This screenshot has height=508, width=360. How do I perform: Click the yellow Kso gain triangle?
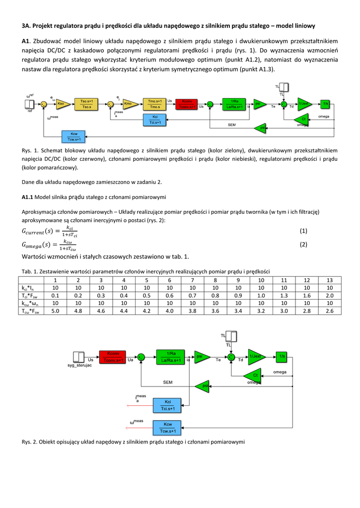(62, 104)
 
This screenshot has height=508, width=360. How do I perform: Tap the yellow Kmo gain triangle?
(129, 104)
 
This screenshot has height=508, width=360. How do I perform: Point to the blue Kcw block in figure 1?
(74, 136)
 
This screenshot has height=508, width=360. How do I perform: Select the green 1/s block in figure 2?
(282, 356)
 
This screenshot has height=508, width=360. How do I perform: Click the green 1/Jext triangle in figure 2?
(256, 356)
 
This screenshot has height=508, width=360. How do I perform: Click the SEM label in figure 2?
(168, 382)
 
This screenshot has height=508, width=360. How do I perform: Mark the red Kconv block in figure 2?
(113, 356)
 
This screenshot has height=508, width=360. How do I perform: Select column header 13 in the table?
(329, 280)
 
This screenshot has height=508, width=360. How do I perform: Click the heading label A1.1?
(27, 197)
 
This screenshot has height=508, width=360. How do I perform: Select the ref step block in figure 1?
(30, 104)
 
